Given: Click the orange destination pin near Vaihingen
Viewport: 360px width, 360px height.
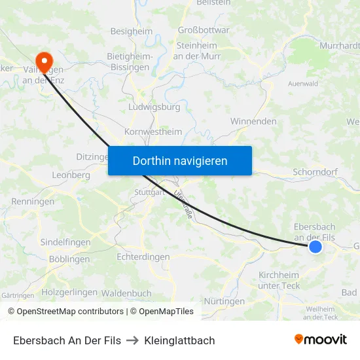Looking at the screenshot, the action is click(x=45, y=61).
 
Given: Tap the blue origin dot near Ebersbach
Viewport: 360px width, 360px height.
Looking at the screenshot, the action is click(x=315, y=247).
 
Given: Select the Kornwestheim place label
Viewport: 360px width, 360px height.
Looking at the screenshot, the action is click(x=153, y=132).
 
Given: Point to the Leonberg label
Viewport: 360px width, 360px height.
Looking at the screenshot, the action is click(x=71, y=175).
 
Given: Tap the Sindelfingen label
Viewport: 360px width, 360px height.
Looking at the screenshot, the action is click(x=65, y=242).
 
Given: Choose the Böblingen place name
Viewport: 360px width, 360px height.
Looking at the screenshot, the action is click(x=69, y=259).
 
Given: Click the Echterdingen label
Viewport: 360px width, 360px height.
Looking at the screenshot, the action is click(x=143, y=257).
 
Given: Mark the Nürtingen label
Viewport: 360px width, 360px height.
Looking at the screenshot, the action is click(x=224, y=302).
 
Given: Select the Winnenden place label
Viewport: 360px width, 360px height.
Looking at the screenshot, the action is click(x=253, y=122).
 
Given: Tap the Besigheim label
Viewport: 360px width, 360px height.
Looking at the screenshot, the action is click(x=132, y=31).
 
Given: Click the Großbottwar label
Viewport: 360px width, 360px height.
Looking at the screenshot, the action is click(x=204, y=30).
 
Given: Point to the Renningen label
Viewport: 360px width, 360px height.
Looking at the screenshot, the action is click(x=33, y=202).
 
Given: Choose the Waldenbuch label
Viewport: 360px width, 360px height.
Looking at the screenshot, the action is click(x=127, y=293).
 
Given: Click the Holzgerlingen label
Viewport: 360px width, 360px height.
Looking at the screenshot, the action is click(x=69, y=292).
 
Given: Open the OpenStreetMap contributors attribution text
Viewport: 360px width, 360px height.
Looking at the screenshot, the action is click(x=70, y=312).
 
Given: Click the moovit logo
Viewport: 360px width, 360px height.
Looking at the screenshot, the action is click(x=320, y=340).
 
